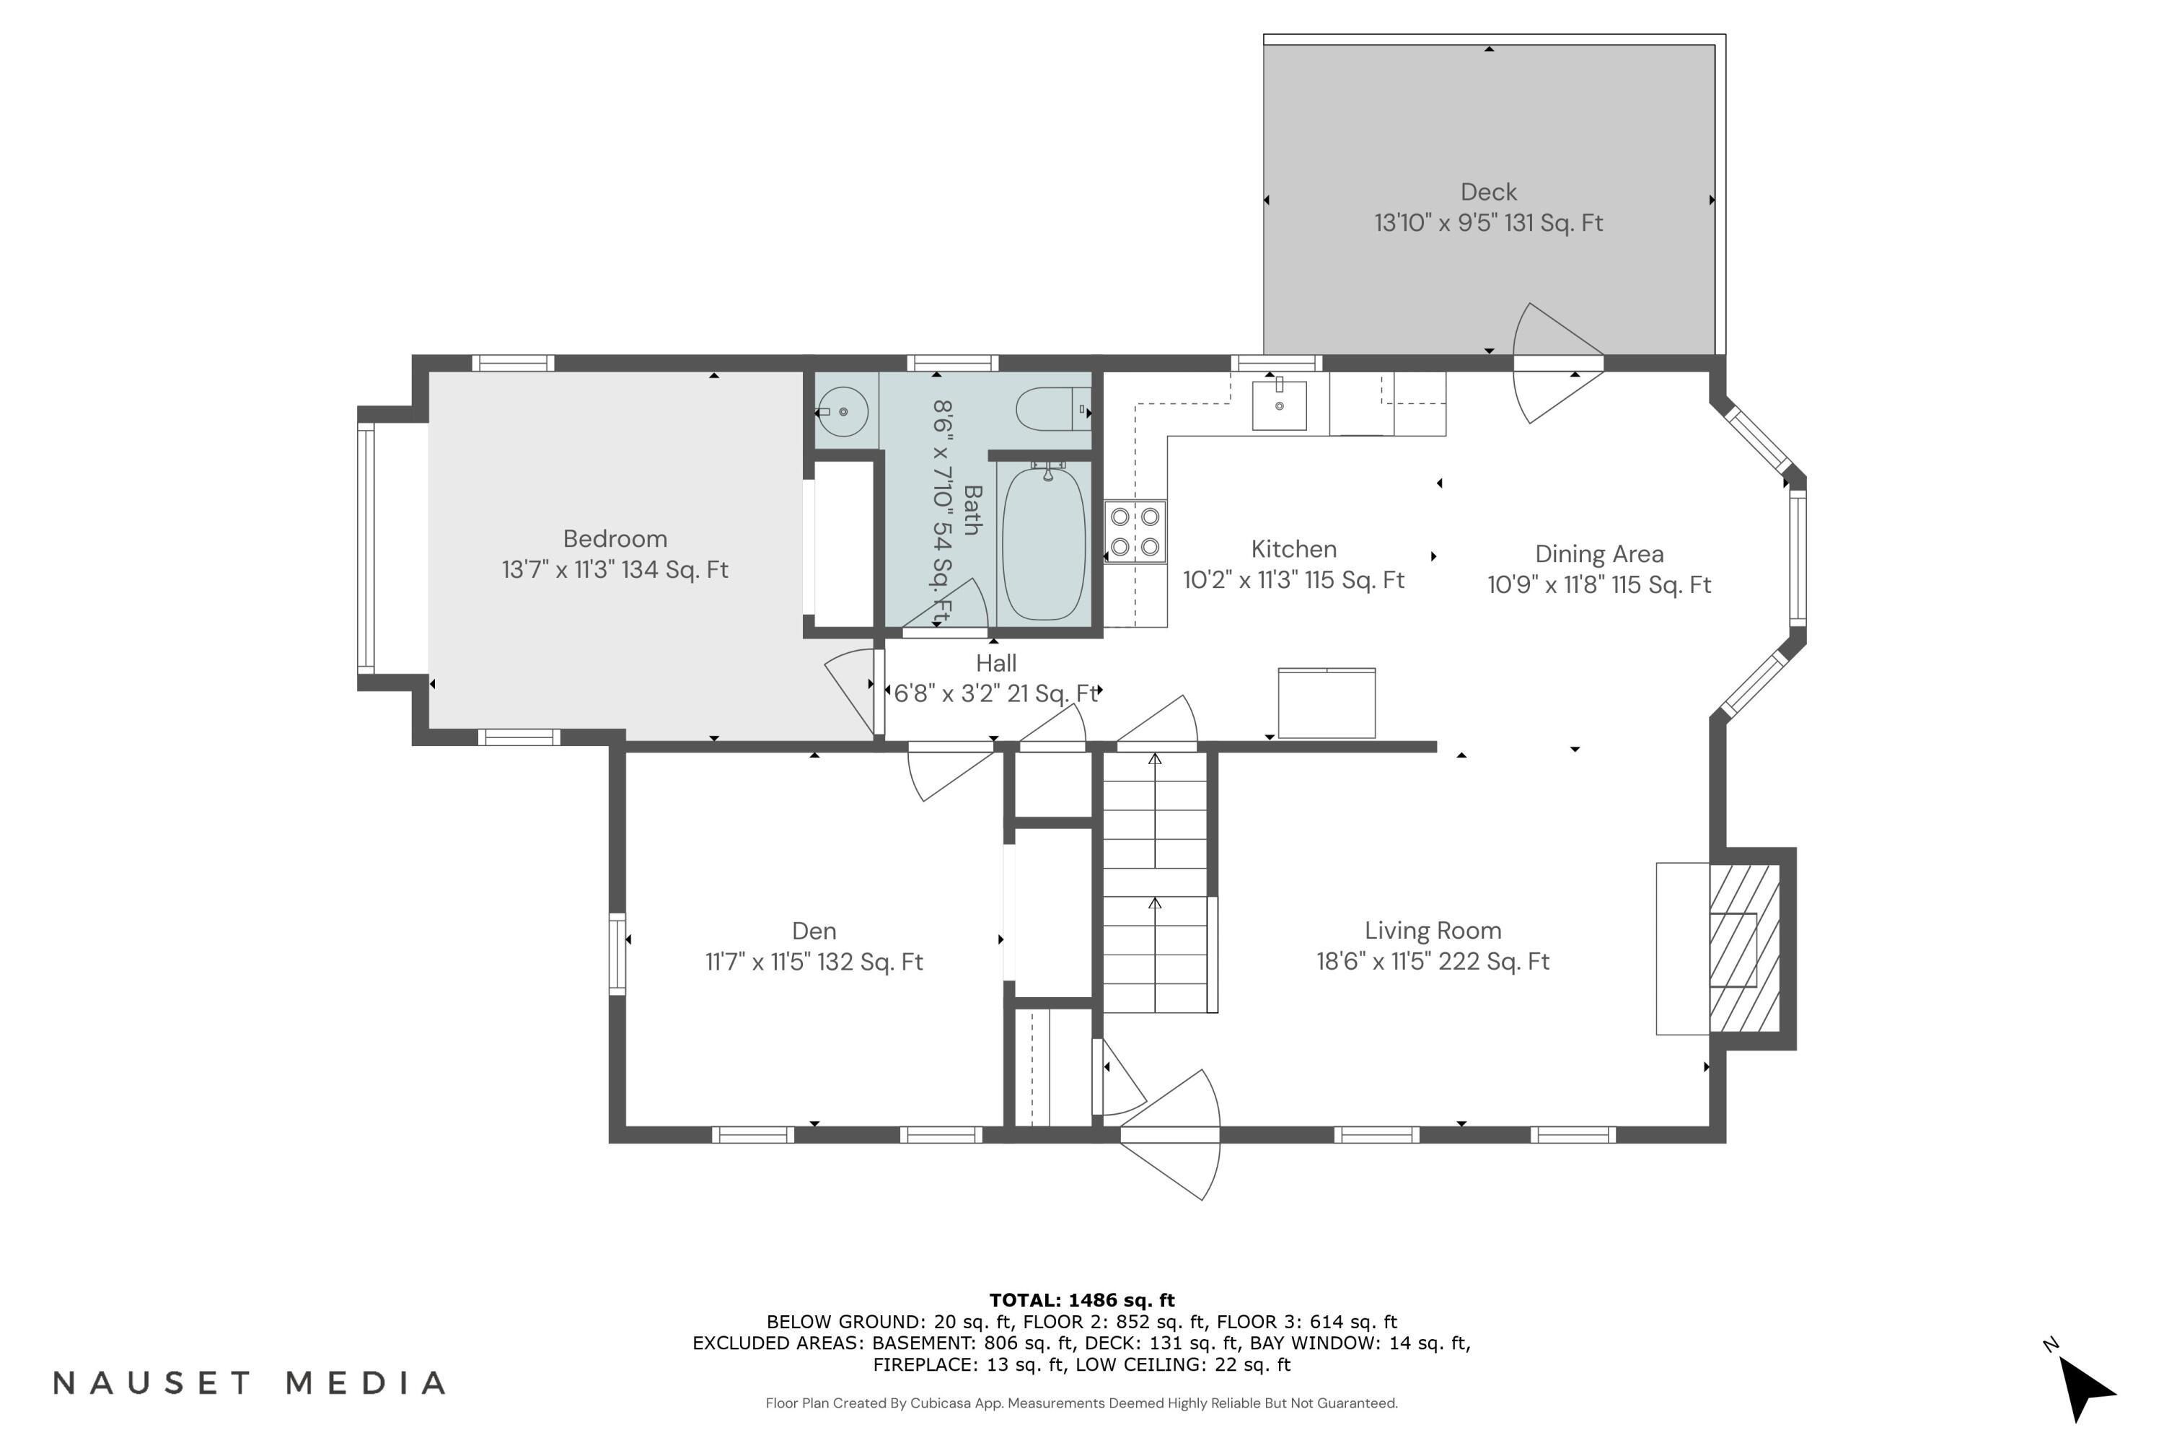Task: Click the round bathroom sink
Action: click(x=843, y=412)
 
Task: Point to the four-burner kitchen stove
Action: click(x=1135, y=532)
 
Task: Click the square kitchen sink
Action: click(x=1279, y=405)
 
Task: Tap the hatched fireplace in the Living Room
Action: click(x=1744, y=948)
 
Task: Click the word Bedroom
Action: click(x=615, y=539)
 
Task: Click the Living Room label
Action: click(x=1433, y=931)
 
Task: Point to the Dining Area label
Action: click(x=1599, y=554)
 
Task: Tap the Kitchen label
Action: click(x=1293, y=549)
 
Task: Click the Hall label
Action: click(x=995, y=664)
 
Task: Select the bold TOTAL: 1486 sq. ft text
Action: click(x=1082, y=1300)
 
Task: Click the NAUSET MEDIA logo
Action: click(x=250, y=1383)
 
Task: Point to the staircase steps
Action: click(x=1155, y=883)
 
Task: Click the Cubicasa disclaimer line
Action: click(x=1082, y=1403)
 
